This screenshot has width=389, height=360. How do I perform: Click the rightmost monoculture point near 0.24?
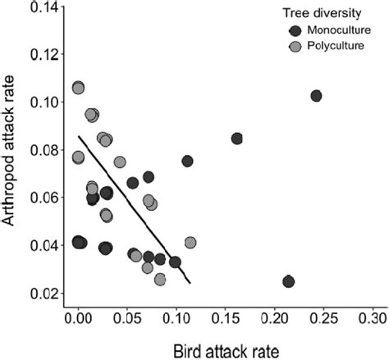click(316, 96)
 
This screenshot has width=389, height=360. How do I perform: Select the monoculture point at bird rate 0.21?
click(288, 281)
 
